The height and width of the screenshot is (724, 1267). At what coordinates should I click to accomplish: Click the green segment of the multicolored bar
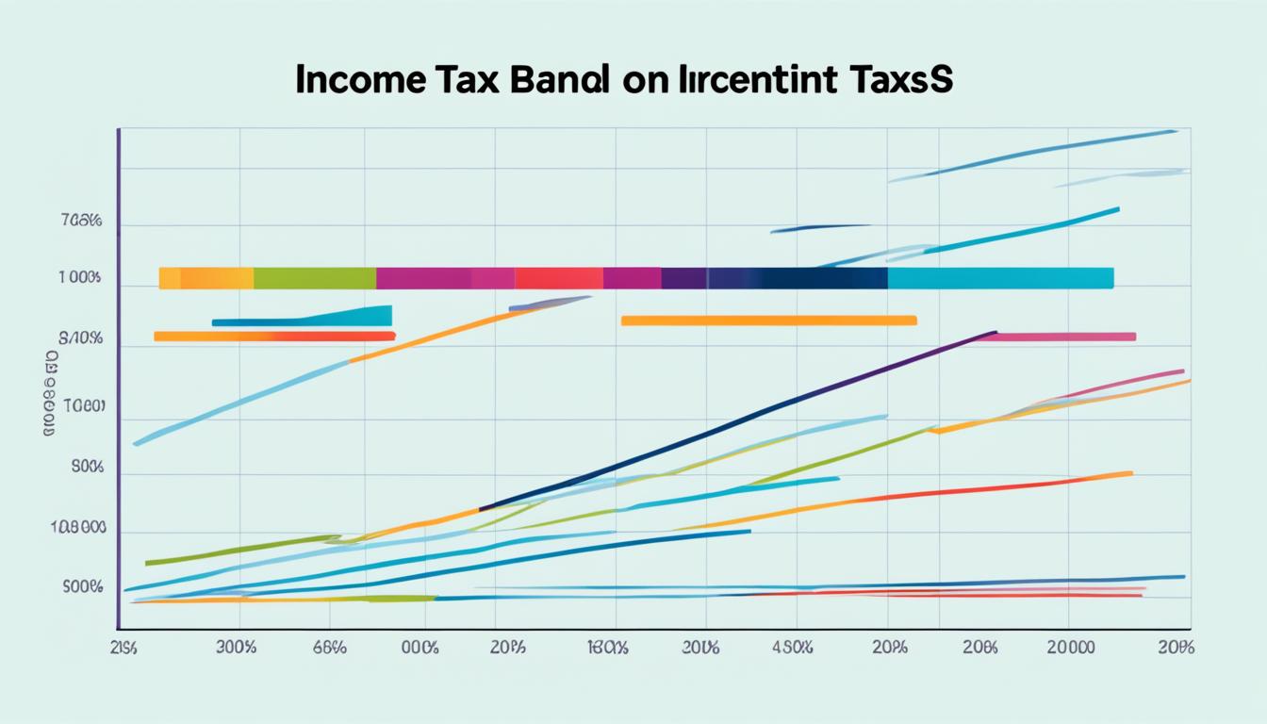(x=315, y=278)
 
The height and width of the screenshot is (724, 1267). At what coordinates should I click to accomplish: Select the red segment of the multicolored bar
(x=558, y=278)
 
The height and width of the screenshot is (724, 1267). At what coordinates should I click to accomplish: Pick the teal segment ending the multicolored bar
(x=999, y=278)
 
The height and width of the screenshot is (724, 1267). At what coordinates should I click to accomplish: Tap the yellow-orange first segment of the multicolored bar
(x=206, y=278)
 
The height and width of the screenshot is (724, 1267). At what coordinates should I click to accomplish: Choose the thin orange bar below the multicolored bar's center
(x=768, y=321)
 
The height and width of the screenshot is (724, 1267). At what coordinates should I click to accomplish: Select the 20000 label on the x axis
(x=1072, y=648)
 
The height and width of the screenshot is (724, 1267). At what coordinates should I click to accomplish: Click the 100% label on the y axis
(x=79, y=279)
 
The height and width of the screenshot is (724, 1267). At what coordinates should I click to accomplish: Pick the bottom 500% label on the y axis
(x=81, y=587)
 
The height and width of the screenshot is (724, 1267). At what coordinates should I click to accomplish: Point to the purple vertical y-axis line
(x=118, y=377)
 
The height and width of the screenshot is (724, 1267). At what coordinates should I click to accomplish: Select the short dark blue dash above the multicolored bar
(x=820, y=227)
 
